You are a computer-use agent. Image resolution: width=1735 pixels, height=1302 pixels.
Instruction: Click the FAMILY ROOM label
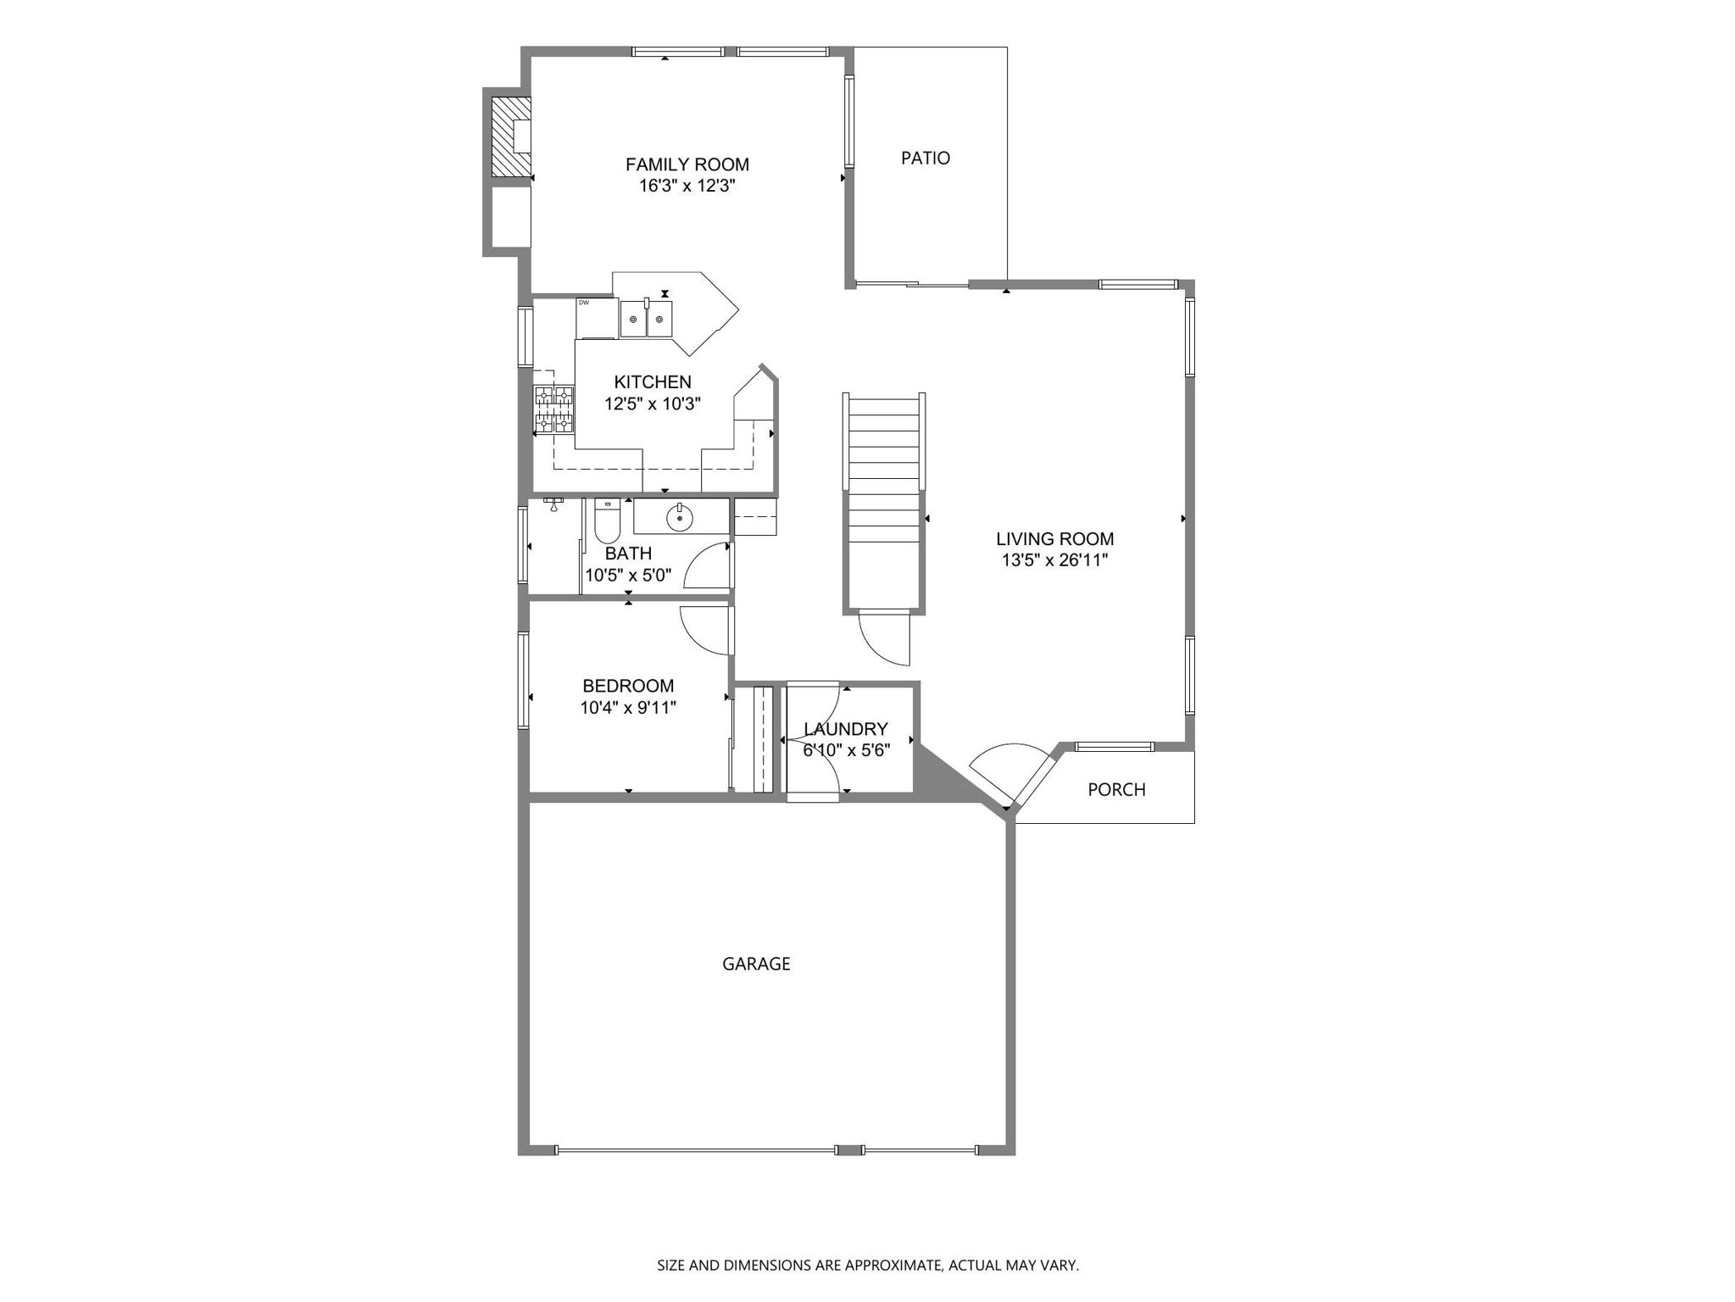[687, 164]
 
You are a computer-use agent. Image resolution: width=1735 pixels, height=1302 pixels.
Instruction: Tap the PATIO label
[925, 158]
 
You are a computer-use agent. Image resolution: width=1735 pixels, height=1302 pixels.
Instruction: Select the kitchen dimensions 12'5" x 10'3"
[653, 404]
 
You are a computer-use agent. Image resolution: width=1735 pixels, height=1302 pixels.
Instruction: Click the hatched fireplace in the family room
[511, 136]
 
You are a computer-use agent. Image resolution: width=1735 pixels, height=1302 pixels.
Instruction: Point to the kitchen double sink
[646, 318]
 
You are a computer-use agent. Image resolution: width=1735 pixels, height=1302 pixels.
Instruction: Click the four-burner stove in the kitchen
[553, 409]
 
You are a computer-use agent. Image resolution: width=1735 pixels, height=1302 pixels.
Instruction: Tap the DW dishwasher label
[584, 303]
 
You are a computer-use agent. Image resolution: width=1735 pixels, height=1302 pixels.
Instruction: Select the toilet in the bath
[607, 521]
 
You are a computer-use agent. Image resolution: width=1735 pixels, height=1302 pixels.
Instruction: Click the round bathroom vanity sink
[680, 517]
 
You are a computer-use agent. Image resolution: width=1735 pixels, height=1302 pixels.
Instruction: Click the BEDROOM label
[628, 686]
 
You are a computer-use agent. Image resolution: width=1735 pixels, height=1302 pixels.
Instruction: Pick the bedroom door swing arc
[703, 632]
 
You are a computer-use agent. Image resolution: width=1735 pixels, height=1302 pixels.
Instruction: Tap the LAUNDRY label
[845, 729]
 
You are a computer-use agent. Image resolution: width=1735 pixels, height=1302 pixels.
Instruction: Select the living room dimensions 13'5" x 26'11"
[1054, 560]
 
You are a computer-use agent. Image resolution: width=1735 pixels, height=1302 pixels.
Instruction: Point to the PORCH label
[1116, 790]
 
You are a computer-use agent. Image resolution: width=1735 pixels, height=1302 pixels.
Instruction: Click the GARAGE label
[756, 964]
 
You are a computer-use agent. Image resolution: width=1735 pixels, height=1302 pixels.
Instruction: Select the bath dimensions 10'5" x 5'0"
[628, 576]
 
